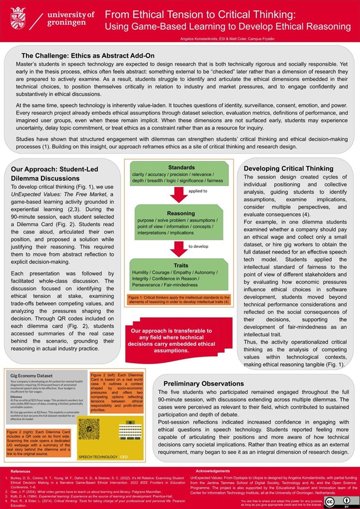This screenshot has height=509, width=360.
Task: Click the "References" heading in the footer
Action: click(20, 470)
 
